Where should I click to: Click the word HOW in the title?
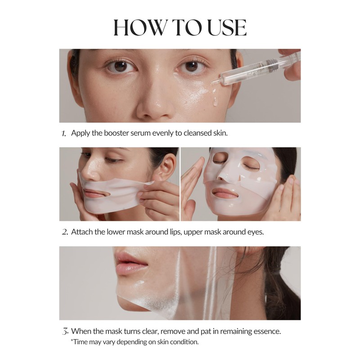(138, 27)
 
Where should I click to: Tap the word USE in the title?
(225, 27)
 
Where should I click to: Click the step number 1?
(63, 134)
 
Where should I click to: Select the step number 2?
(64, 232)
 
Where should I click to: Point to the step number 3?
(64, 331)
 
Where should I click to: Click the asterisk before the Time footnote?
(72, 341)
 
